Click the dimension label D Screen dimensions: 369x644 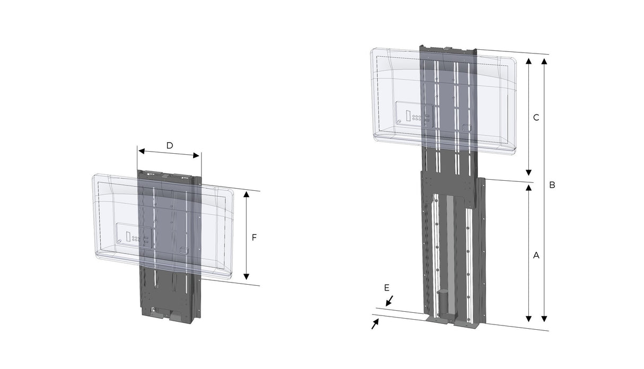click(169, 145)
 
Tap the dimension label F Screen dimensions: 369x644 click(254, 238)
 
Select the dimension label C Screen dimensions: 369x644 click(536, 118)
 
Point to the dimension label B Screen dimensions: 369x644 click(552, 186)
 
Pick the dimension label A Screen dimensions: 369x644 click(536, 255)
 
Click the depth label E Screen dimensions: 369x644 click(387, 287)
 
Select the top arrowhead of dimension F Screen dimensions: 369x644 click(246, 194)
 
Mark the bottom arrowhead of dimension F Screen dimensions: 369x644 click(246, 276)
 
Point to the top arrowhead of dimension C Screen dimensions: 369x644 click(528, 61)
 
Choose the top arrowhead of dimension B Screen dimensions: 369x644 click(544, 61)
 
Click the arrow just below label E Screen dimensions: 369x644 click(389, 301)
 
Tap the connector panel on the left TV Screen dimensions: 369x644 click(135, 235)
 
